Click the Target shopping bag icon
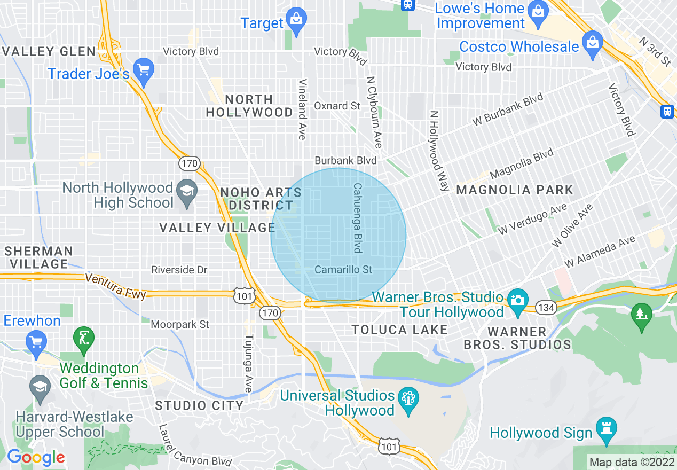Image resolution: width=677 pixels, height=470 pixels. point(295,19)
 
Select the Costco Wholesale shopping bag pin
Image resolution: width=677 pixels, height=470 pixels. point(592,43)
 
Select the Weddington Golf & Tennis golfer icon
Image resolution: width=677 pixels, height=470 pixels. point(83,339)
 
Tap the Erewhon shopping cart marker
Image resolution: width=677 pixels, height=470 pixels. point(36,342)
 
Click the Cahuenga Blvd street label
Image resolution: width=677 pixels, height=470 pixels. point(357,218)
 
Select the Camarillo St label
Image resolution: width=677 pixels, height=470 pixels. point(343,270)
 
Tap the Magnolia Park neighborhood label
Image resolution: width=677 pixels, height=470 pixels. point(514,190)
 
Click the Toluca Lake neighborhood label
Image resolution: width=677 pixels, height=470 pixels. point(399,330)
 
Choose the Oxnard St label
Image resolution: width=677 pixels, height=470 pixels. point(337,106)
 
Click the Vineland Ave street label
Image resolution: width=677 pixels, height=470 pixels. point(303,109)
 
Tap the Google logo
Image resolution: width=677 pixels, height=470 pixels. point(35,457)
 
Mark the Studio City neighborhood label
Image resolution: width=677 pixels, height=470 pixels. point(199,406)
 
